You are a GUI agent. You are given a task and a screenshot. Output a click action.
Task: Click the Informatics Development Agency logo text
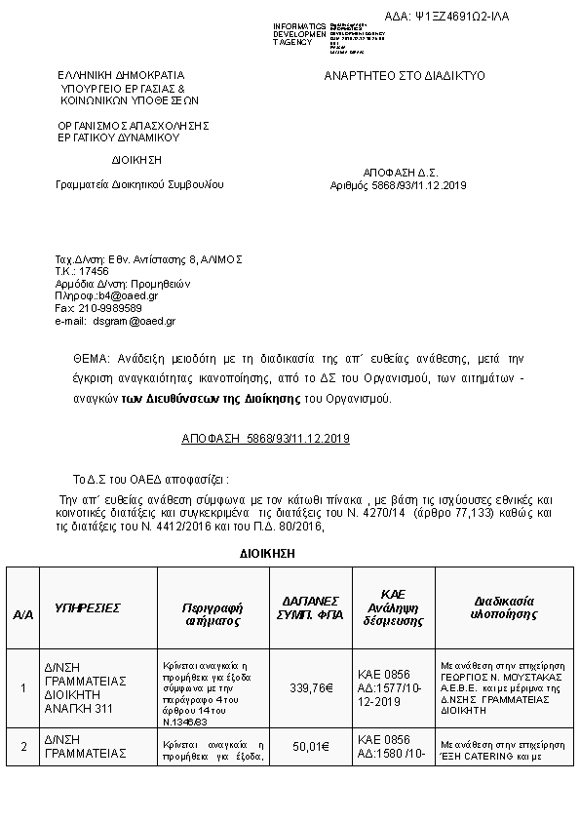(x=299, y=34)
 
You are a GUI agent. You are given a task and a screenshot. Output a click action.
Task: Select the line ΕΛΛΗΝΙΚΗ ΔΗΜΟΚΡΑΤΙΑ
(x=120, y=75)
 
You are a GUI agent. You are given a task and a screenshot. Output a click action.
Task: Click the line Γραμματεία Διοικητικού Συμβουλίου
(x=139, y=184)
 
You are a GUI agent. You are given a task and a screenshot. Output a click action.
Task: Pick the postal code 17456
(x=95, y=271)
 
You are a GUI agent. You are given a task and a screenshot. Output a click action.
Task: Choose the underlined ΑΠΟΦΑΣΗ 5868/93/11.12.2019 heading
(x=265, y=440)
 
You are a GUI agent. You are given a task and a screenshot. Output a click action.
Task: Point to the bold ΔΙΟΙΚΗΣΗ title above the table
(x=267, y=553)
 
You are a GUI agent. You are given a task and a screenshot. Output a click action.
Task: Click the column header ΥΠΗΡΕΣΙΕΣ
(x=88, y=607)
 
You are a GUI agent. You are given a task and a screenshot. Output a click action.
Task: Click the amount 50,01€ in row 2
(x=310, y=747)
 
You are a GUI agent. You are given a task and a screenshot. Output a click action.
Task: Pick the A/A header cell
(x=23, y=615)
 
